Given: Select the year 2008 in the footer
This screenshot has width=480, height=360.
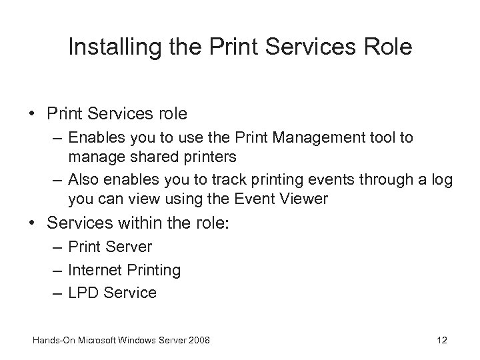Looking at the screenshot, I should (198, 341).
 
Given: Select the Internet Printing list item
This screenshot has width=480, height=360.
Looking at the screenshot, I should (124, 270).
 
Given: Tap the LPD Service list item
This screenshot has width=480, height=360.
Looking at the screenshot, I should (112, 293).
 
